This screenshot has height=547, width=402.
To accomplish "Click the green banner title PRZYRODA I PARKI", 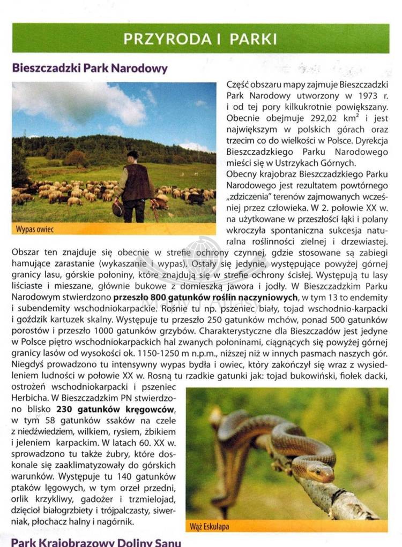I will click(x=200, y=39).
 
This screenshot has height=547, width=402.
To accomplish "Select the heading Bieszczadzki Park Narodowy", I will click(x=90, y=69).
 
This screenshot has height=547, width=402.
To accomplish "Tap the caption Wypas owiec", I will click(x=35, y=230).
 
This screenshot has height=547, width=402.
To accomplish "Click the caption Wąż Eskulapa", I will click(x=210, y=527).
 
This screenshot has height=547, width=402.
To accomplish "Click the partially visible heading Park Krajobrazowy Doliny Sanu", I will click(x=96, y=542).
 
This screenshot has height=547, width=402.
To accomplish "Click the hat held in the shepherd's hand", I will click(x=118, y=209).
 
